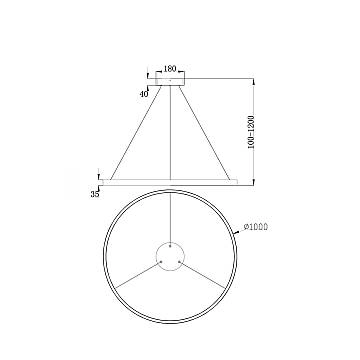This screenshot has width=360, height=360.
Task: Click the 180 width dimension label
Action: (x=169, y=68)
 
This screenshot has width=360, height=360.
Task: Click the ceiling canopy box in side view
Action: (x=169, y=79)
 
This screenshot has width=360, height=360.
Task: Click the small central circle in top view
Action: (x=171, y=254)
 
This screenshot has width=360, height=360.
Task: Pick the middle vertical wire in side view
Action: (x=170, y=135)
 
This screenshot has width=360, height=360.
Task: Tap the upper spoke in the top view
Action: (x=171, y=215)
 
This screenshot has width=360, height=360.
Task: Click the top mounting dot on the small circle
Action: (x=171, y=244)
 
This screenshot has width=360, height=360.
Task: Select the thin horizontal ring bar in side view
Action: (x=170, y=181)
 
